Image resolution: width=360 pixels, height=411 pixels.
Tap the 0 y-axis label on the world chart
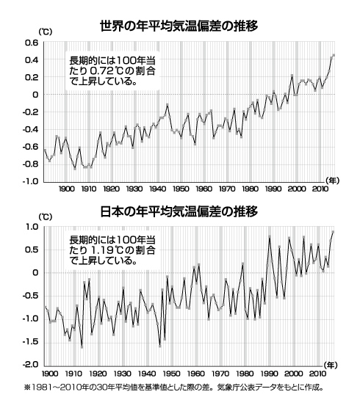[x=34, y=95]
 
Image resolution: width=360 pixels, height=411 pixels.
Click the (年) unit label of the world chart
[x=332, y=181]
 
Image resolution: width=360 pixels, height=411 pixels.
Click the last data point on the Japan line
[x=333, y=232]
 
